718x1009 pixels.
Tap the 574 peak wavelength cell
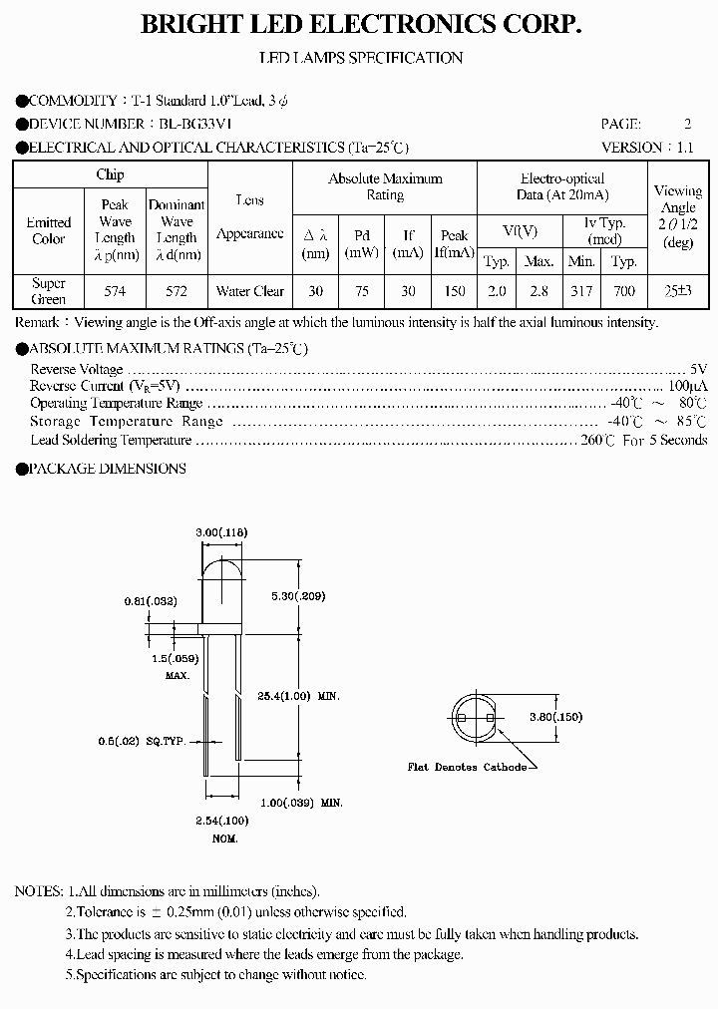[x=116, y=292]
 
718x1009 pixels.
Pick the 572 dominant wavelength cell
[x=177, y=292]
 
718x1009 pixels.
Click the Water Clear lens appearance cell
[x=250, y=292]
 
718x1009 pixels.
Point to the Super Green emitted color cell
[x=49, y=291]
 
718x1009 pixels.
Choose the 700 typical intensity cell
[x=624, y=292]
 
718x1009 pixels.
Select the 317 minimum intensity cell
[x=581, y=292]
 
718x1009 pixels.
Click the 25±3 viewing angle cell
[x=678, y=292]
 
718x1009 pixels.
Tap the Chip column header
[x=110, y=175]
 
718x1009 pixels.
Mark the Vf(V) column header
[x=520, y=231]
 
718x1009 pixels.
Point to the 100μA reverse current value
[x=688, y=386]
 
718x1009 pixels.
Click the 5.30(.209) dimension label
[x=298, y=596]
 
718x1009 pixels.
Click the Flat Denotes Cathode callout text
[x=467, y=767]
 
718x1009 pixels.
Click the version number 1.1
[x=685, y=148]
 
